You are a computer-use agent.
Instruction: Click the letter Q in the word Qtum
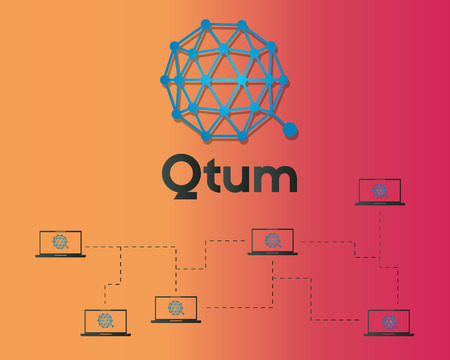point(181,176)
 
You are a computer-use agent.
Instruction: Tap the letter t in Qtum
point(211,176)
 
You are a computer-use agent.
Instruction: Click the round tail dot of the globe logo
point(290,130)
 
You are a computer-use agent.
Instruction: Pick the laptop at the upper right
point(380,191)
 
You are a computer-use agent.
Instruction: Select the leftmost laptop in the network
point(60,243)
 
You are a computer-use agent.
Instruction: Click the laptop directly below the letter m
point(271,241)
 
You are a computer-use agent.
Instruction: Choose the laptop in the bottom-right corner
point(388,322)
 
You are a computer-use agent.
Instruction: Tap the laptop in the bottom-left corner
point(105,322)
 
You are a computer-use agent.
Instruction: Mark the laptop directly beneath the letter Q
point(176,309)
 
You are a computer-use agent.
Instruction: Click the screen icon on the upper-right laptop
point(380,189)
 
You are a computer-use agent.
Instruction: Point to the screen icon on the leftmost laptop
point(60,241)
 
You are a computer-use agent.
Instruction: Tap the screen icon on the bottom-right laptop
point(388,320)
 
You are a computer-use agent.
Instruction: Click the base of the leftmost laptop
point(60,256)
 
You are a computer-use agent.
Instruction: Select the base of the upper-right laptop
point(380,204)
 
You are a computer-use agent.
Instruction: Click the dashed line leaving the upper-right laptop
point(380,225)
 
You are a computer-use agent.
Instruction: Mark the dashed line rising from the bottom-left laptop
point(105,295)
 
